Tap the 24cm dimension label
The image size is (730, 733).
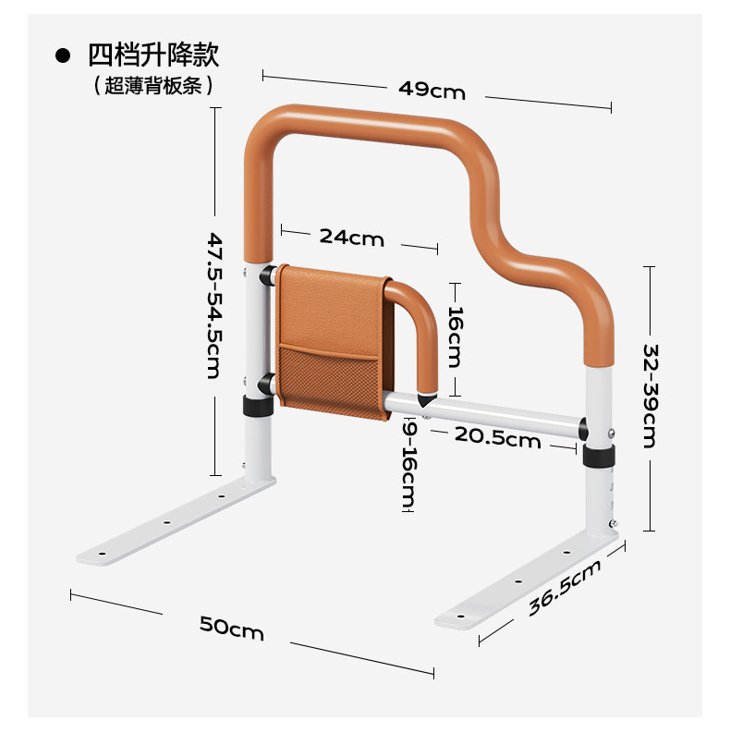(351, 237)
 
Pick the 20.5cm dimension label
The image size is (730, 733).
(496, 438)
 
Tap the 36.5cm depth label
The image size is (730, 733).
(565, 588)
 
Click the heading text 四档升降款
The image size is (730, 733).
(153, 55)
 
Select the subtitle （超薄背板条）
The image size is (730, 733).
(153, 85)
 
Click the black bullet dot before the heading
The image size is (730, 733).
(63, 55)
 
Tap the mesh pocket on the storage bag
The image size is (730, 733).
(328, 380)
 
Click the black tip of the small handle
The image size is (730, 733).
(428, 400)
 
